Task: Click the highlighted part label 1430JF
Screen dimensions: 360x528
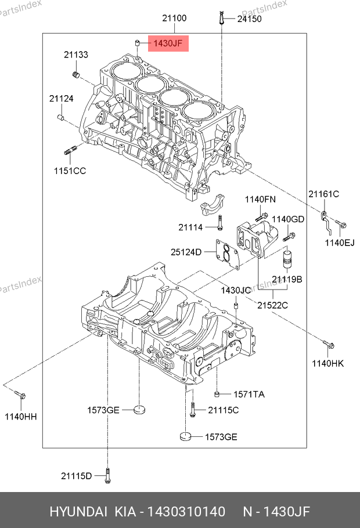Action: (168, 44)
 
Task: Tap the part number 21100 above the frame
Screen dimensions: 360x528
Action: (174, 18)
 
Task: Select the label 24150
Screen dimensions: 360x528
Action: (250, 19)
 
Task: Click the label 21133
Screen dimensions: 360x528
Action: (76, 55)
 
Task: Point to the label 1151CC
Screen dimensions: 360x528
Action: (70, 171)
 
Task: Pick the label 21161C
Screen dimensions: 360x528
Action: (323, 194)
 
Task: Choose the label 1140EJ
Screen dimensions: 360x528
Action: (340, 243)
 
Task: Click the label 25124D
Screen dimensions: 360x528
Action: (186, 252)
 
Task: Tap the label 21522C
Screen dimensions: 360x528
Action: (273, 305)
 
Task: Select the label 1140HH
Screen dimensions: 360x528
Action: (20, 417)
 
